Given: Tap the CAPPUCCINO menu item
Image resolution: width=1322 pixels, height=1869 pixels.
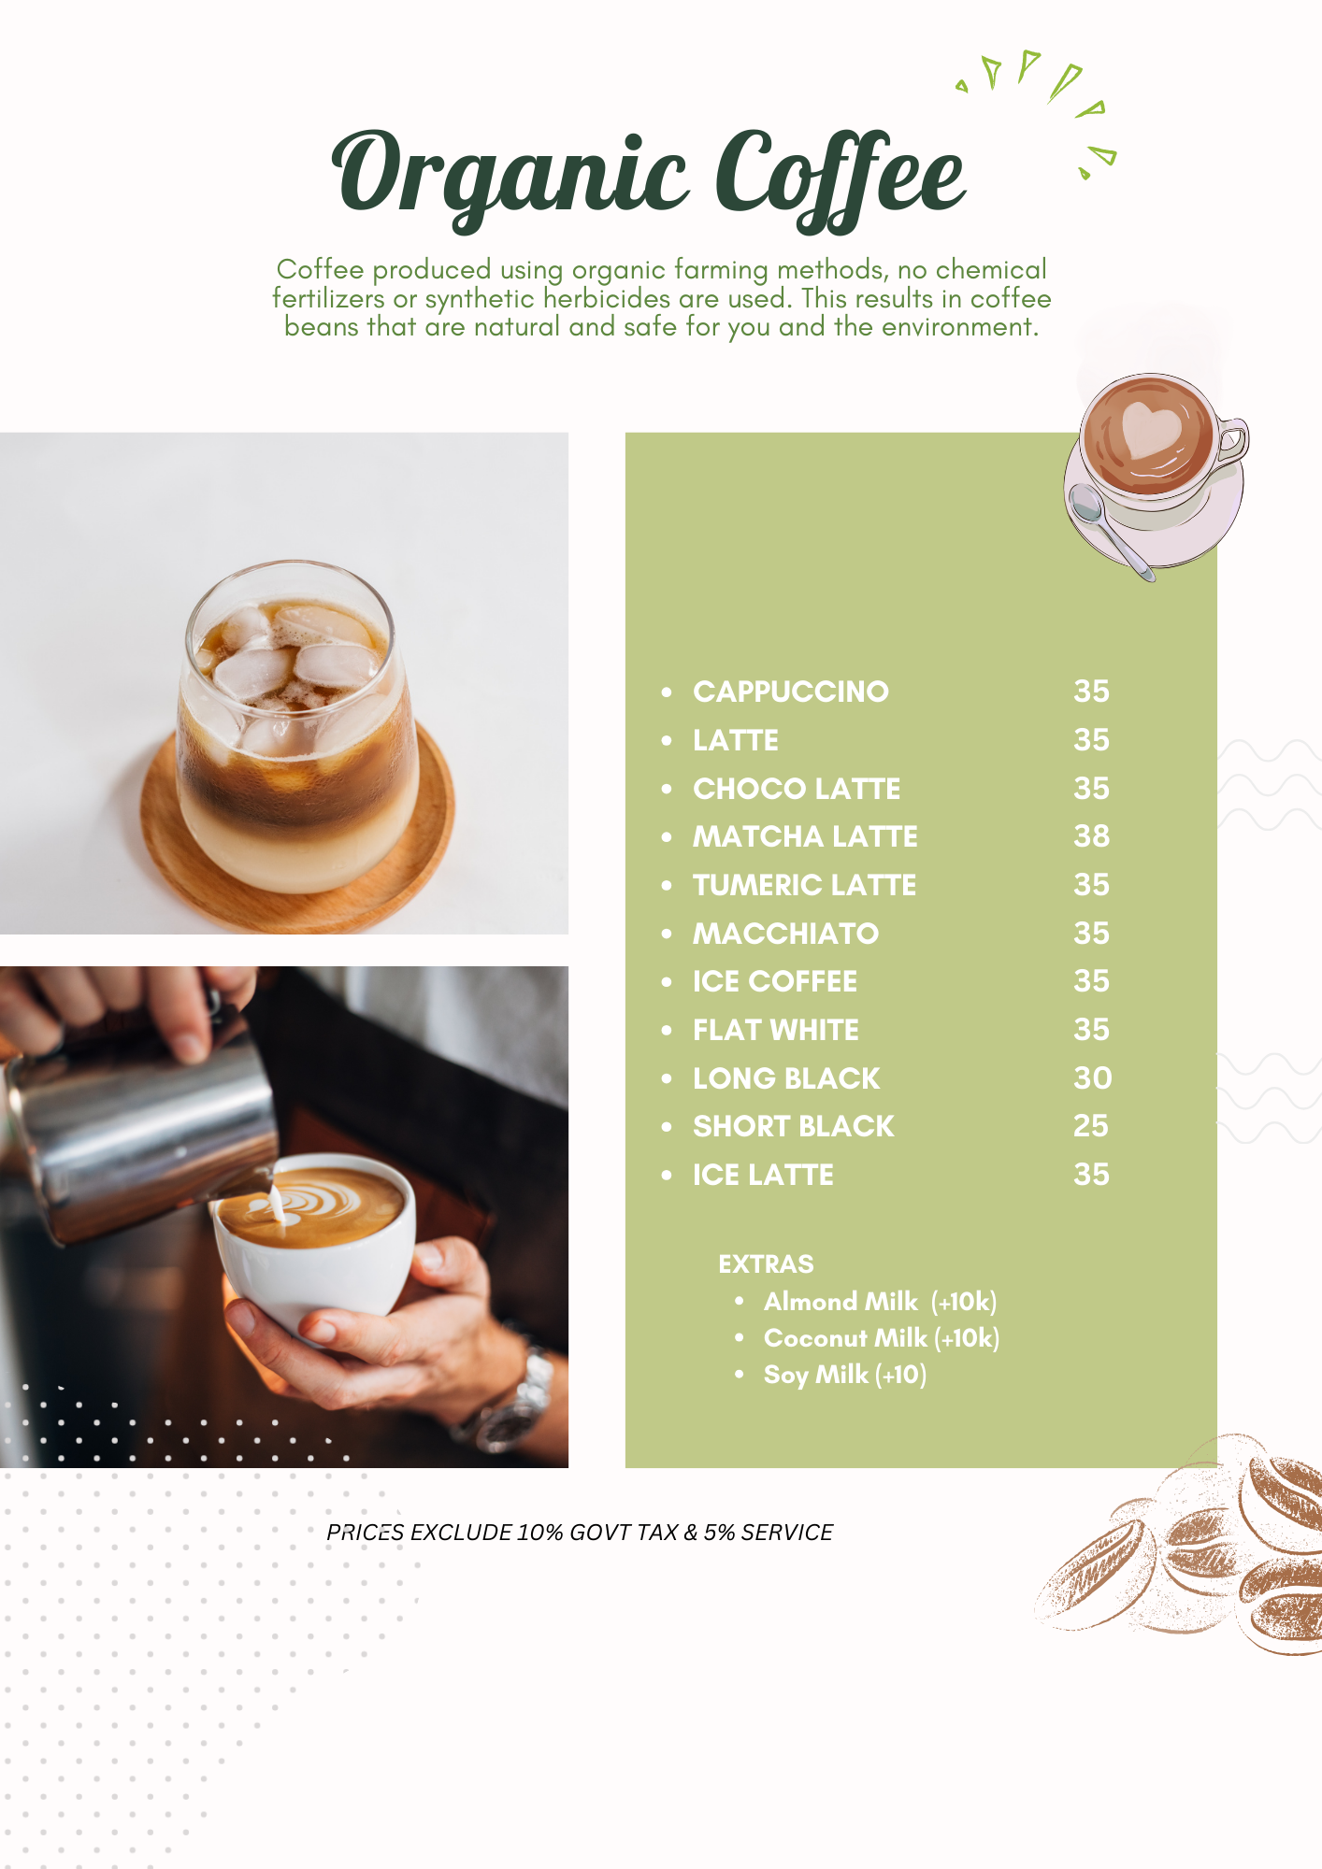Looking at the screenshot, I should [790, 692].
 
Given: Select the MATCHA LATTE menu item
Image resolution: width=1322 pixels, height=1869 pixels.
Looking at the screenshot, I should [805, 836].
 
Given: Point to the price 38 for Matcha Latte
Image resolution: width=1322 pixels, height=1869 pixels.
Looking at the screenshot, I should [1091, 836].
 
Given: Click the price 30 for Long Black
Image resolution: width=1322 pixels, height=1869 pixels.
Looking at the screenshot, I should [1092, 1078].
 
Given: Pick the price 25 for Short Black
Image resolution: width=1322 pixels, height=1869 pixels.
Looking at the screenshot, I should [1090, 1126].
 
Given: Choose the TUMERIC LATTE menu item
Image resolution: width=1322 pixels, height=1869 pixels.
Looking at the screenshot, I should [804, 885].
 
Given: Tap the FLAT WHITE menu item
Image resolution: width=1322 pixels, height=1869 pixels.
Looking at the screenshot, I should [775, 1030].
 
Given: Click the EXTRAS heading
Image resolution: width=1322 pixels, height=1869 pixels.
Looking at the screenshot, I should [766, 1264].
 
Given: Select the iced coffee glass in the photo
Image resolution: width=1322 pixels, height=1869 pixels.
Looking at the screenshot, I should [297, 729].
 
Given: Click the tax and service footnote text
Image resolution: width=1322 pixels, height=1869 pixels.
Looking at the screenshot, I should [579, 1533].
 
